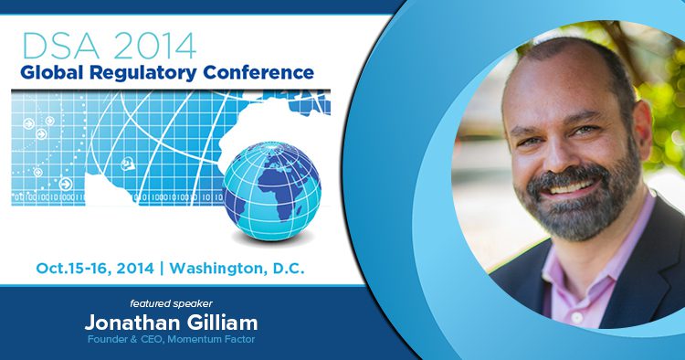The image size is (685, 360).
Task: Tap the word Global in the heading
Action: click(x=53, y=72)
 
